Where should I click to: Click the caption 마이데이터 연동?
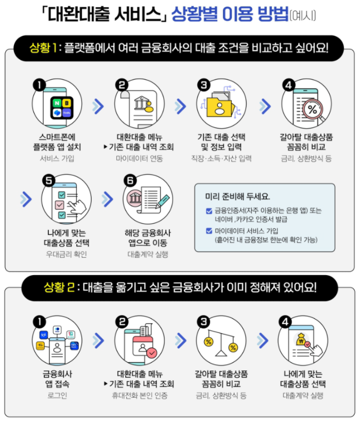point(139,159)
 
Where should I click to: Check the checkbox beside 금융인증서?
point(209,210)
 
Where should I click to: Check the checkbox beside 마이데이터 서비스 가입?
point(209,231)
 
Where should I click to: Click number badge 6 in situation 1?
point(130,180)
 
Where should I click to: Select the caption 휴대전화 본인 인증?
point(140,396)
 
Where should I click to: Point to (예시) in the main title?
point(304,16)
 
